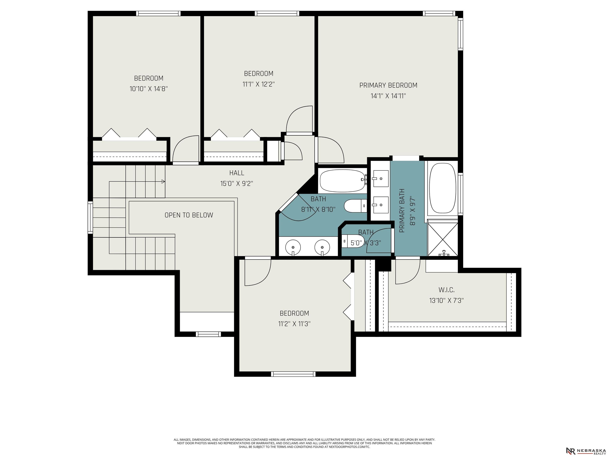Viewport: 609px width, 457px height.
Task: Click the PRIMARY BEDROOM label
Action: click(x=388, y=85)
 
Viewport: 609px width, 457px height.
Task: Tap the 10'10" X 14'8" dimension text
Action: click(x=149, y=89)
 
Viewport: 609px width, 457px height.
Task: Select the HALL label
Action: click(x=237, y=173)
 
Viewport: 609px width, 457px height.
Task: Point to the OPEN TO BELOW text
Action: click(x=189, y=215)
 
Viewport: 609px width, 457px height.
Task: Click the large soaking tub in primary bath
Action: click(x=443, y=188)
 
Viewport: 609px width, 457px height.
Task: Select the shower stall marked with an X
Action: click(x=442, y=239)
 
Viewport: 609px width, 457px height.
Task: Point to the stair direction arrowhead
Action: click(x=163, y=181)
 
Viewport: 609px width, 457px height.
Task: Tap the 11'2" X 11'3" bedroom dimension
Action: click(x=294, y=324)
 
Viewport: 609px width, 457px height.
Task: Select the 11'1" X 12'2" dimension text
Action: click(x=259, y=84)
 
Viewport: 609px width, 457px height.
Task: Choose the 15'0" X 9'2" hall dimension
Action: click(x=237, y=183)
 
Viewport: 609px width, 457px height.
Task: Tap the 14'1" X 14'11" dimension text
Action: click(x=388, y=96)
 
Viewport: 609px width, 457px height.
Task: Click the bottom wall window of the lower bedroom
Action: click(x=293, y=374)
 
